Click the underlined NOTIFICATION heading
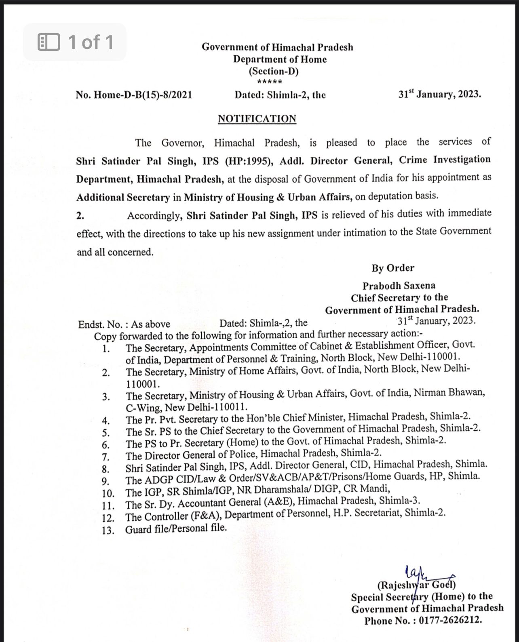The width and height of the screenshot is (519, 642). pyautogui.click(x=257, y=119)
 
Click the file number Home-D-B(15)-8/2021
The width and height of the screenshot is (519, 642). pyautogui.click(x=134, y=95)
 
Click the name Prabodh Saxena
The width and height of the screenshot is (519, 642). pyautogui.click(x=399, y=286)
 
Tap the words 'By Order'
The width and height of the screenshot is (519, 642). pyautogui.click(x=393, y=268)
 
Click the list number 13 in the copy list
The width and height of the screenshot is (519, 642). pyautogui.click(x=108, y=530)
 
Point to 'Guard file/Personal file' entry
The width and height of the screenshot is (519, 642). pyautogui.click(x=176, y=528)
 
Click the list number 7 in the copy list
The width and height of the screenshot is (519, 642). pyautogui.click(x=106, y=457)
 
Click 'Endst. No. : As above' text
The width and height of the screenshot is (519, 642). pyautogui.click(x=124, y=324)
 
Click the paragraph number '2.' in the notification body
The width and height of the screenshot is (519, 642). pyautogui.click(x=80, y=216)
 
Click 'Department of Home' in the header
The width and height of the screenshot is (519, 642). pyautogui.click(x=280, y=59)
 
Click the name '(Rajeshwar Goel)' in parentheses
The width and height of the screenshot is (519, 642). pyautogui.click(x=416, y=585)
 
